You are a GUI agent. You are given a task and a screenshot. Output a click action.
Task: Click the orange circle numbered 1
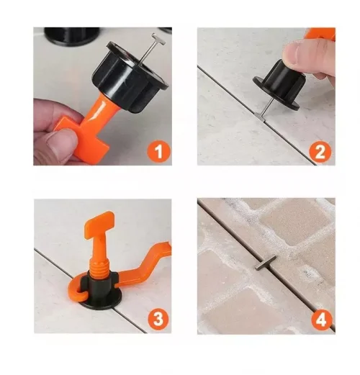pos(158,152)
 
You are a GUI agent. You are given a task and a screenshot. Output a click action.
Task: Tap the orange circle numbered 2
pos(320,152)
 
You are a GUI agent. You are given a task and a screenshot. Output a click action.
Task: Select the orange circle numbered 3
pos(158,320)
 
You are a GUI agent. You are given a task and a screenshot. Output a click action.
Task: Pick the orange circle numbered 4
pos(321,320)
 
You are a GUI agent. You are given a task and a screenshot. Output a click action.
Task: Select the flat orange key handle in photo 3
pos(99,223)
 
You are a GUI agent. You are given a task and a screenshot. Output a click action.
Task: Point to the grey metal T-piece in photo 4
pos(265,263)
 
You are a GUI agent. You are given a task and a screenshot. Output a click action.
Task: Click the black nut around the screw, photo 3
pos(99,284)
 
